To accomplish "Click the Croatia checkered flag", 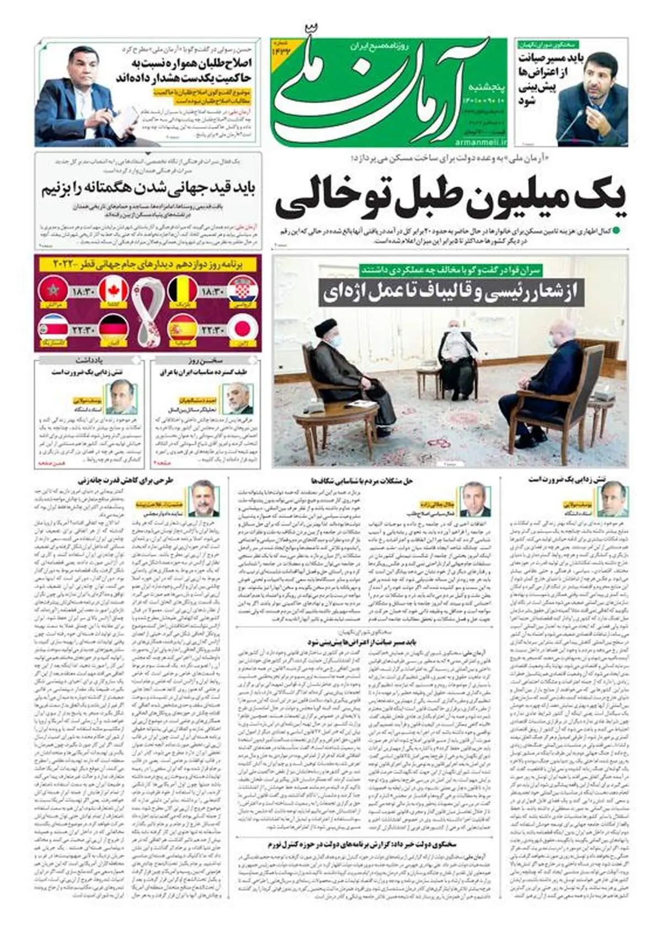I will point(243,291).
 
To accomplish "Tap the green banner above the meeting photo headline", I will point(451,270).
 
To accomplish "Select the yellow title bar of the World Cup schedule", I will point(147,263).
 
